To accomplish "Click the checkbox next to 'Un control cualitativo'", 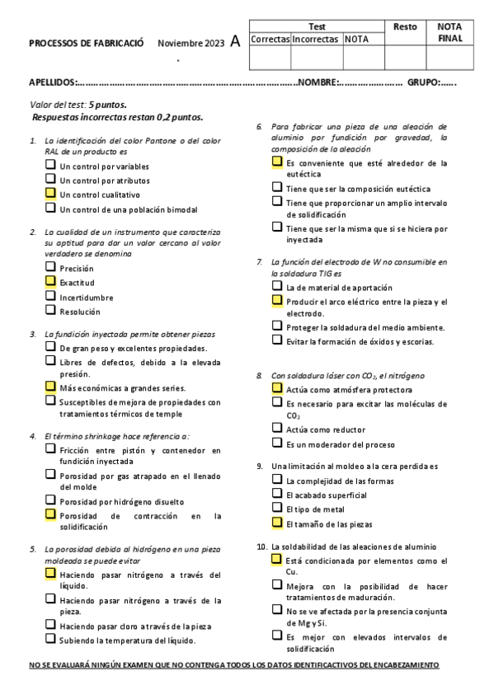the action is pyautogui.click(x=50, y=193).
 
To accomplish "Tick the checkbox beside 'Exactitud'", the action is pyautogui.click(x=50, y=281).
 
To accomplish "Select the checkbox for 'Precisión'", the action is pyautogui.click(x=50, y=267).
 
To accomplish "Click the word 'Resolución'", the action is pyautogui.click(x=80, y=312).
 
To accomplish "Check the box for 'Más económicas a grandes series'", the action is pyautogui.click(x=50, y=386).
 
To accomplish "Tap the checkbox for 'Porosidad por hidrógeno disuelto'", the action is pyautogui.click(x=50, y=500).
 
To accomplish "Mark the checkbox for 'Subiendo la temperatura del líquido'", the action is pyautogui.click(x=50, y=638).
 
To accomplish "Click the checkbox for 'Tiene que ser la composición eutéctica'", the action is pyautogui.click(x=277, y=187).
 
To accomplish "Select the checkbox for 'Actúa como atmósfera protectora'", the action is pyautogui.click(x=277, y=387).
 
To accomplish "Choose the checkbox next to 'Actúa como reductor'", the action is pyautogui.click(x=277, y=427).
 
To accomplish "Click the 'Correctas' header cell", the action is pyautogui.click(x=270, y=39).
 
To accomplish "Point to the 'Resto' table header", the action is pyautogui.click(x=405, y=27).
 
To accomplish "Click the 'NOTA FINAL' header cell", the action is pyautogui.click(x=450, y=32).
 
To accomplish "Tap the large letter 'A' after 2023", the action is pyautogui.click(x=236, y=42).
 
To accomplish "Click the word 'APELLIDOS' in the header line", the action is pyautogui.click(x=52, y=82).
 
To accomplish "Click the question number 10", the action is pyautogui.click(x=261, y=547).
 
